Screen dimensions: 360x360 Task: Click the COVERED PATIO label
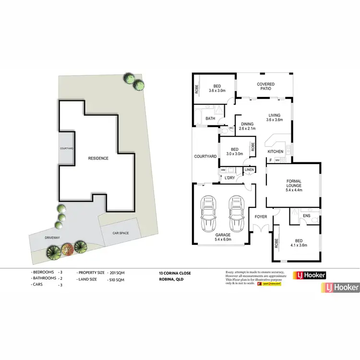[x=265, y=86]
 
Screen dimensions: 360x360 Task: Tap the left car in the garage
[x=208, y=214]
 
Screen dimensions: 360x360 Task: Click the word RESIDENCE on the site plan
[x=98, y=158]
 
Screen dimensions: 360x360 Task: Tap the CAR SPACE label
[x=120, y=233]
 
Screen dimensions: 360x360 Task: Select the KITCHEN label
[x=276, y=152]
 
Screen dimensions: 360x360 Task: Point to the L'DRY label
[x=230, y=179]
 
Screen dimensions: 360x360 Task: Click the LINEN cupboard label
[x=249, y=170]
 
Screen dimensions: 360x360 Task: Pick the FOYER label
[x=261, y=217]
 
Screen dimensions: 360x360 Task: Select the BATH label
[x=210, y=118]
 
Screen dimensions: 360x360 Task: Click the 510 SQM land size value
[x=118, y=279]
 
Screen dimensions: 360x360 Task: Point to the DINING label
[x=248, y=123]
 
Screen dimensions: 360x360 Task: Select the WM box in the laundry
[x=223, y=170]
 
